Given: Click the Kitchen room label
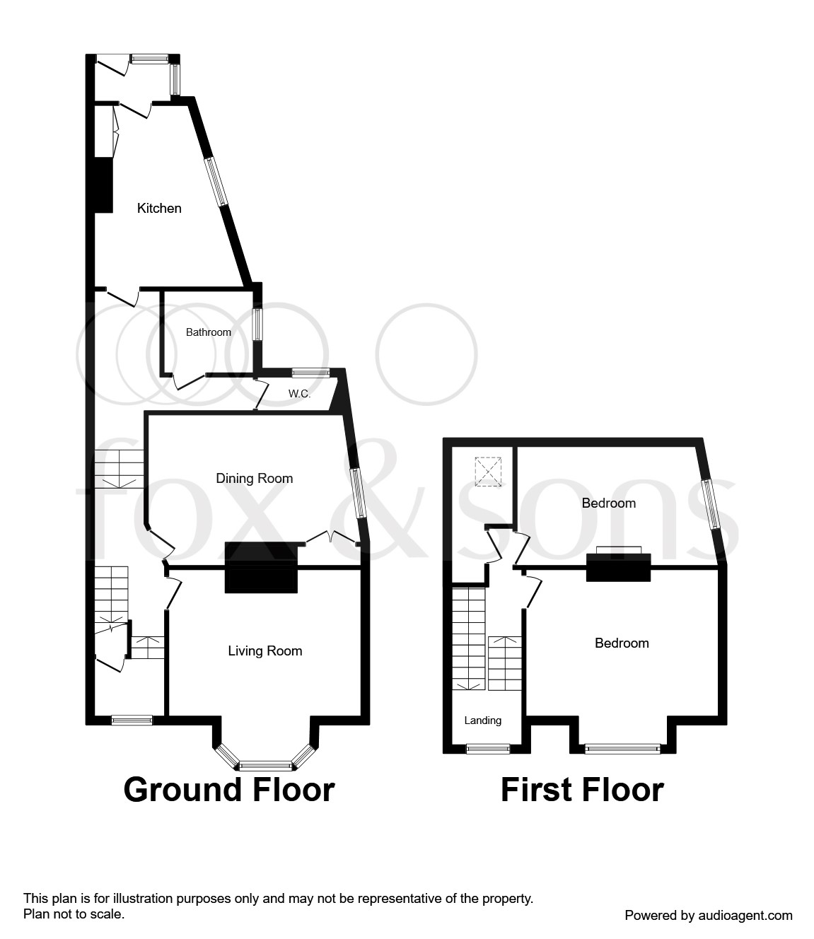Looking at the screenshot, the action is click(159, 209).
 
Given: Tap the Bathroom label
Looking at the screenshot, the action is click(209, 332).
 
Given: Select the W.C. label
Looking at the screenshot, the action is click(300, 394).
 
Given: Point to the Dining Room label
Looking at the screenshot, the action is click(254, 479).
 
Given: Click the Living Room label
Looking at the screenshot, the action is click(265, 651).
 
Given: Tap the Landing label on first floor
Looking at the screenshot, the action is click(483, 721).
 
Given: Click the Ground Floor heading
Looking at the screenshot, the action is click(229, 790).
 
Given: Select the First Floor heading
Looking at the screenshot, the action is click(582, 790).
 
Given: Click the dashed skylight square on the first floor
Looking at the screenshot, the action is click(488, 472).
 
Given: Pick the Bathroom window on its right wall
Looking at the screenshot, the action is click(257, 325).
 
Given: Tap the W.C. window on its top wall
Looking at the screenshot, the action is click(311, 373).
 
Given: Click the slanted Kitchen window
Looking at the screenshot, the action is click(216, 182).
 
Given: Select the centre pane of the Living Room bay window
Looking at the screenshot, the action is click(265, 766).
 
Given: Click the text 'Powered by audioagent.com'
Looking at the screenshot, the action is click(709, 916).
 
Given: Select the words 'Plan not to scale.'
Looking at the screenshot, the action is click(74, 914).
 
